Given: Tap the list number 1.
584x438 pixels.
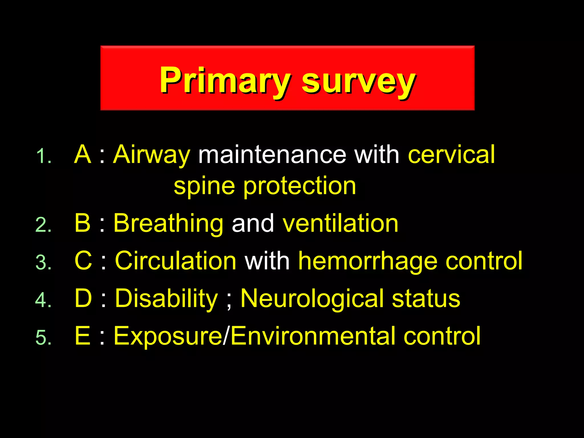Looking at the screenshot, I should click(x=43, y=156).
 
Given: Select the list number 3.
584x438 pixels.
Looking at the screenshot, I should click(x=43, y=262).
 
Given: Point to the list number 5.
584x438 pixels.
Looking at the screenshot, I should click(x=43, y=338).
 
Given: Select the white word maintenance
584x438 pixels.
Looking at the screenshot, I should click(x=272, y=155).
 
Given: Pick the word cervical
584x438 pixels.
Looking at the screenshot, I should click(x=451, y=155).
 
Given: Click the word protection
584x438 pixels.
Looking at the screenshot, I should click(x=299, y=186).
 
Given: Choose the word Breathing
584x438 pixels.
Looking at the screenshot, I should click(x=168, y=224).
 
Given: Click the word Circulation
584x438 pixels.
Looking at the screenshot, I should click(x=175, y=261).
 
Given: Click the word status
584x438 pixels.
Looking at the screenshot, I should click(x=426, y=299).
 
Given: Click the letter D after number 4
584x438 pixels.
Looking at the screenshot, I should click(x=83, y=298).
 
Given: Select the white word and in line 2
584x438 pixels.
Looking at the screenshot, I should click(x=253, y=224).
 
